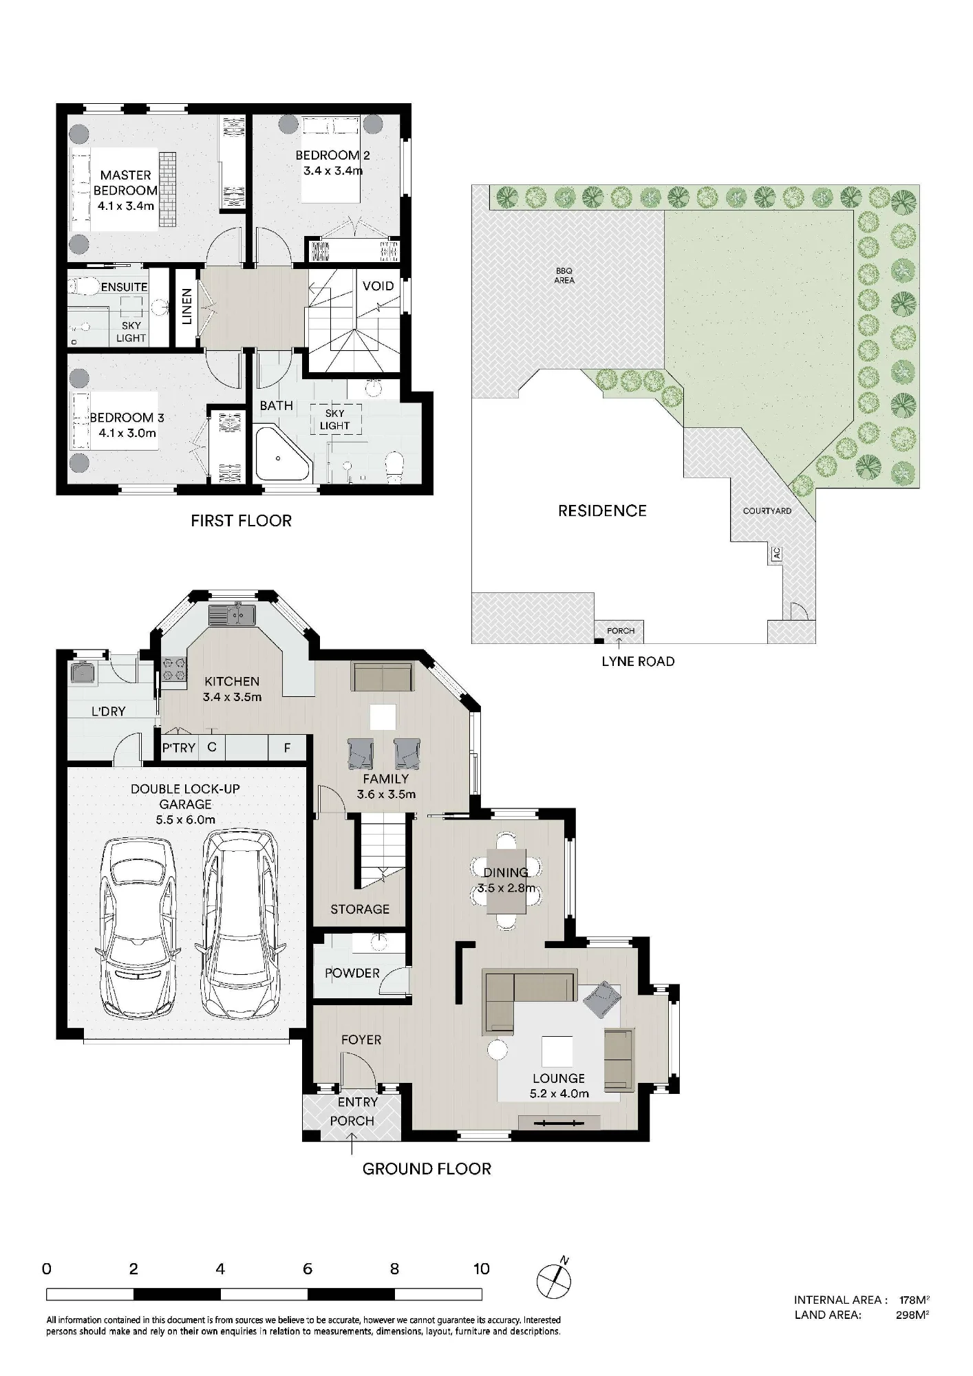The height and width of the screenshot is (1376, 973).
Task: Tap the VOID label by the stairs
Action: tap(378, 286)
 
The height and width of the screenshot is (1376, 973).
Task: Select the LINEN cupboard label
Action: tap(186, 307)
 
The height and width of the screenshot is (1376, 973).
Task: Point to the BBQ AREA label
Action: tap(564, 276)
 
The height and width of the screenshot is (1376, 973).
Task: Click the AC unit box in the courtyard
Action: tap(777, 553)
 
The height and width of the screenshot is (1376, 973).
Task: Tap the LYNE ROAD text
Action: tap(638, 661)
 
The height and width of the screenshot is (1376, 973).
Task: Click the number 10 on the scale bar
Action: tap(481, 1269)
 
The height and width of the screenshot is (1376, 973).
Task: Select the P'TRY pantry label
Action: tap(179, 747)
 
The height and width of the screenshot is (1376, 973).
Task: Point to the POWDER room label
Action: tap(352, 973)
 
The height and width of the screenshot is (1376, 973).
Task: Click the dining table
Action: tap(506, 881)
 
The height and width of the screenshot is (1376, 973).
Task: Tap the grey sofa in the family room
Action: tap(382, 676)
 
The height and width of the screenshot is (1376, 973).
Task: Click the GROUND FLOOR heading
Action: tap(427, 1169)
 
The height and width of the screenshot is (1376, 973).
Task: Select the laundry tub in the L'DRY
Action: tap(82, 672)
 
